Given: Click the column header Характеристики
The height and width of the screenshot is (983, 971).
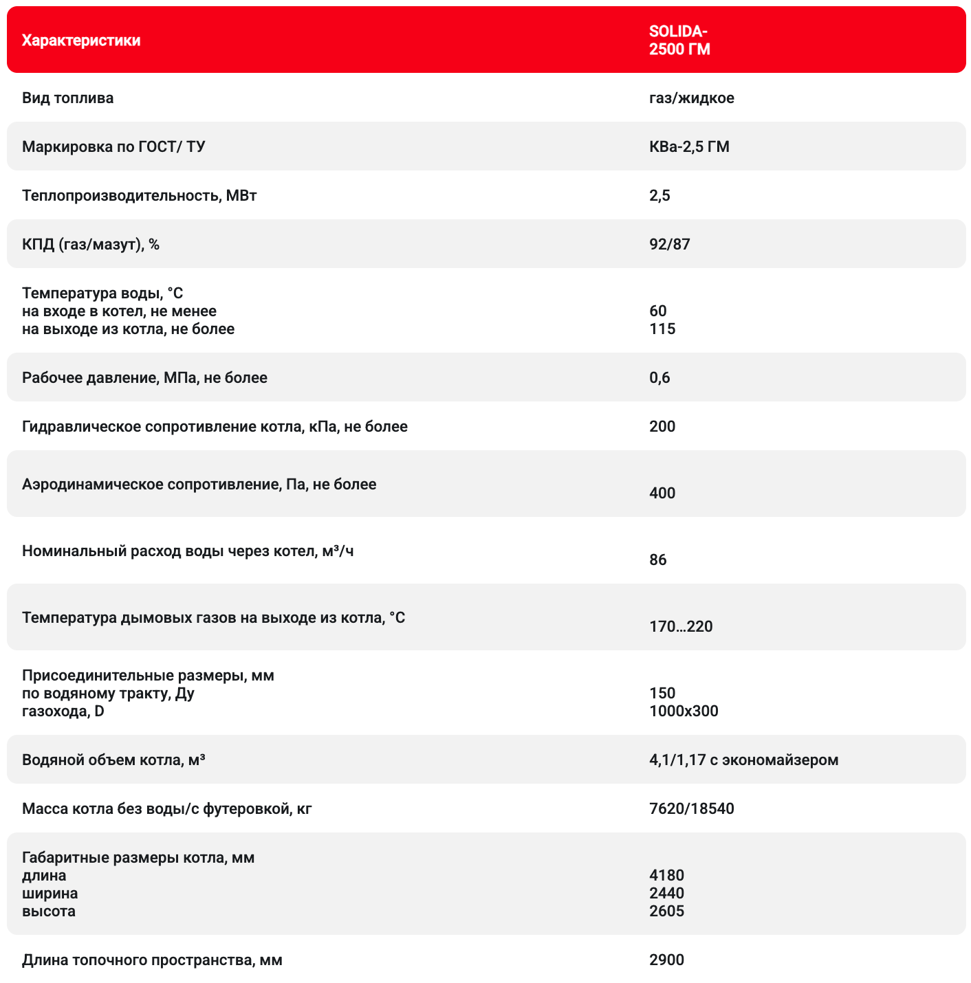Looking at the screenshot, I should (x=81, y=41).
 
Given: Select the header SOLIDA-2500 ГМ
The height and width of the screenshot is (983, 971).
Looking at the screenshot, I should (x=679, y=41).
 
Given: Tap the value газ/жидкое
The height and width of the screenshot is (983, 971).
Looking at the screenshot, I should (x=691, y=98).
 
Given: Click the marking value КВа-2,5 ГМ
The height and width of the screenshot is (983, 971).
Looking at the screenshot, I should (x=689, y=146).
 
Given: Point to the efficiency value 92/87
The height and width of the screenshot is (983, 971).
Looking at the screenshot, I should (x=669, y=244).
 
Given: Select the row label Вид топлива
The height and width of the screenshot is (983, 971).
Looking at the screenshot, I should (x=67, y=98).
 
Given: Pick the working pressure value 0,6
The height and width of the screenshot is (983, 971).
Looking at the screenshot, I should (x=659, y=377).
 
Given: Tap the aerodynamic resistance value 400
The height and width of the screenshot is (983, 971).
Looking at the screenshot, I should (x=662, y=493).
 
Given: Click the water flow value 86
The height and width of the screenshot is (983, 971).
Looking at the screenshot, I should (x=657, y=560).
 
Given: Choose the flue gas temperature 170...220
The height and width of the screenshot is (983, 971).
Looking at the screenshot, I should (x=681, y=626).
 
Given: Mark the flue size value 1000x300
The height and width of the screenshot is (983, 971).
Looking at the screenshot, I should (x=684, y=711).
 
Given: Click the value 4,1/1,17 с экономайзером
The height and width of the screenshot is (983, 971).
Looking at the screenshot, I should (x=743, y=760).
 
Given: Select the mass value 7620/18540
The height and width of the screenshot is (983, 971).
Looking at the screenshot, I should (x=691, y=808).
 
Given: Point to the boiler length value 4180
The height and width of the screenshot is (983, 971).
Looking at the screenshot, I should (x=666, y=875).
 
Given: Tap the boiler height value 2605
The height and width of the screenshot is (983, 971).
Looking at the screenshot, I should (x=666, y=911).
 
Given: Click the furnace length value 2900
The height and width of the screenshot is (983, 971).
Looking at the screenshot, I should (x=666, y=960).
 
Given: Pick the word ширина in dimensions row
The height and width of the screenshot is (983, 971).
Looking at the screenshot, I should (x=50, y=893).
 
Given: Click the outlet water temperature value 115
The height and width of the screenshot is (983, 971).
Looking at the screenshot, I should (x=662, y=329).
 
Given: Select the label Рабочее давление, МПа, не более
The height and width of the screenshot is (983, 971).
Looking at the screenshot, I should (x=144, y=377).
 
